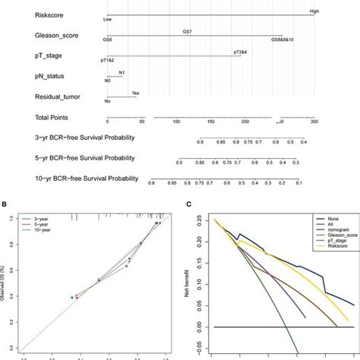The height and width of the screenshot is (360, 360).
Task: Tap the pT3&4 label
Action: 242,52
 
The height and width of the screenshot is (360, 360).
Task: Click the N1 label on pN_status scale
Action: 122,72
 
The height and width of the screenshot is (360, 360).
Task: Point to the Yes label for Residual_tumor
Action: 135,93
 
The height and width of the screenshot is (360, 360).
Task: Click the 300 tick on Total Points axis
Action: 314,122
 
